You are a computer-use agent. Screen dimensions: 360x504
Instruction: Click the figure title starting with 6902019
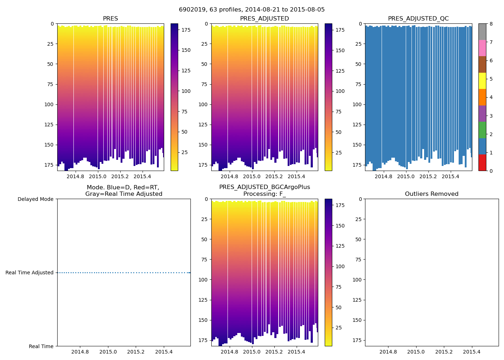coord(252,10)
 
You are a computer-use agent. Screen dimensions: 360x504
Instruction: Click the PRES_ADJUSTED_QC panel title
coord(418,19)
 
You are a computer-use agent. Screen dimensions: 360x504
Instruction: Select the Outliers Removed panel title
coord(432,194)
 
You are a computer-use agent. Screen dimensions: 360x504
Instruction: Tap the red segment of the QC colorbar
coord(482,162)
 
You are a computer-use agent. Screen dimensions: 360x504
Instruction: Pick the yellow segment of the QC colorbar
coord(482,81)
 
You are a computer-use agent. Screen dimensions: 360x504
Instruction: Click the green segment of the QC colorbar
coord(482,130)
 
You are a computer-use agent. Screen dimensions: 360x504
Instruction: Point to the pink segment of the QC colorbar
coord(482,48)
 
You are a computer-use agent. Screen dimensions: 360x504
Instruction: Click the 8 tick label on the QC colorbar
coord(491,24)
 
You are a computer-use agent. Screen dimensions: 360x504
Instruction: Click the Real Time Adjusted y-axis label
coord(30,273)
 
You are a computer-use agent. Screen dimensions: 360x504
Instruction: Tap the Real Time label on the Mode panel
coord(41,346)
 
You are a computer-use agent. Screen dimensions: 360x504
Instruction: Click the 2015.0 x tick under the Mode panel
coord(108,352)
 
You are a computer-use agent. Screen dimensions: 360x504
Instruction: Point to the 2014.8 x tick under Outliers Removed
coord(388,352)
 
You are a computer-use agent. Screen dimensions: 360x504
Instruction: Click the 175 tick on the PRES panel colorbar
coord(186,30)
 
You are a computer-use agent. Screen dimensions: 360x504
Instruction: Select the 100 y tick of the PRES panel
coord(49,104)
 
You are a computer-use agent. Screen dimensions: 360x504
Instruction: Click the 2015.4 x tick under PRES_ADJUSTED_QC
coord(450,176)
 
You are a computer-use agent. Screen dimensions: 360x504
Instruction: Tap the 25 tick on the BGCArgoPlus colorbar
coord(339,328)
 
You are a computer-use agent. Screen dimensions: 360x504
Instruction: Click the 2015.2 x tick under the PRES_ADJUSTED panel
coord(274,176)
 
